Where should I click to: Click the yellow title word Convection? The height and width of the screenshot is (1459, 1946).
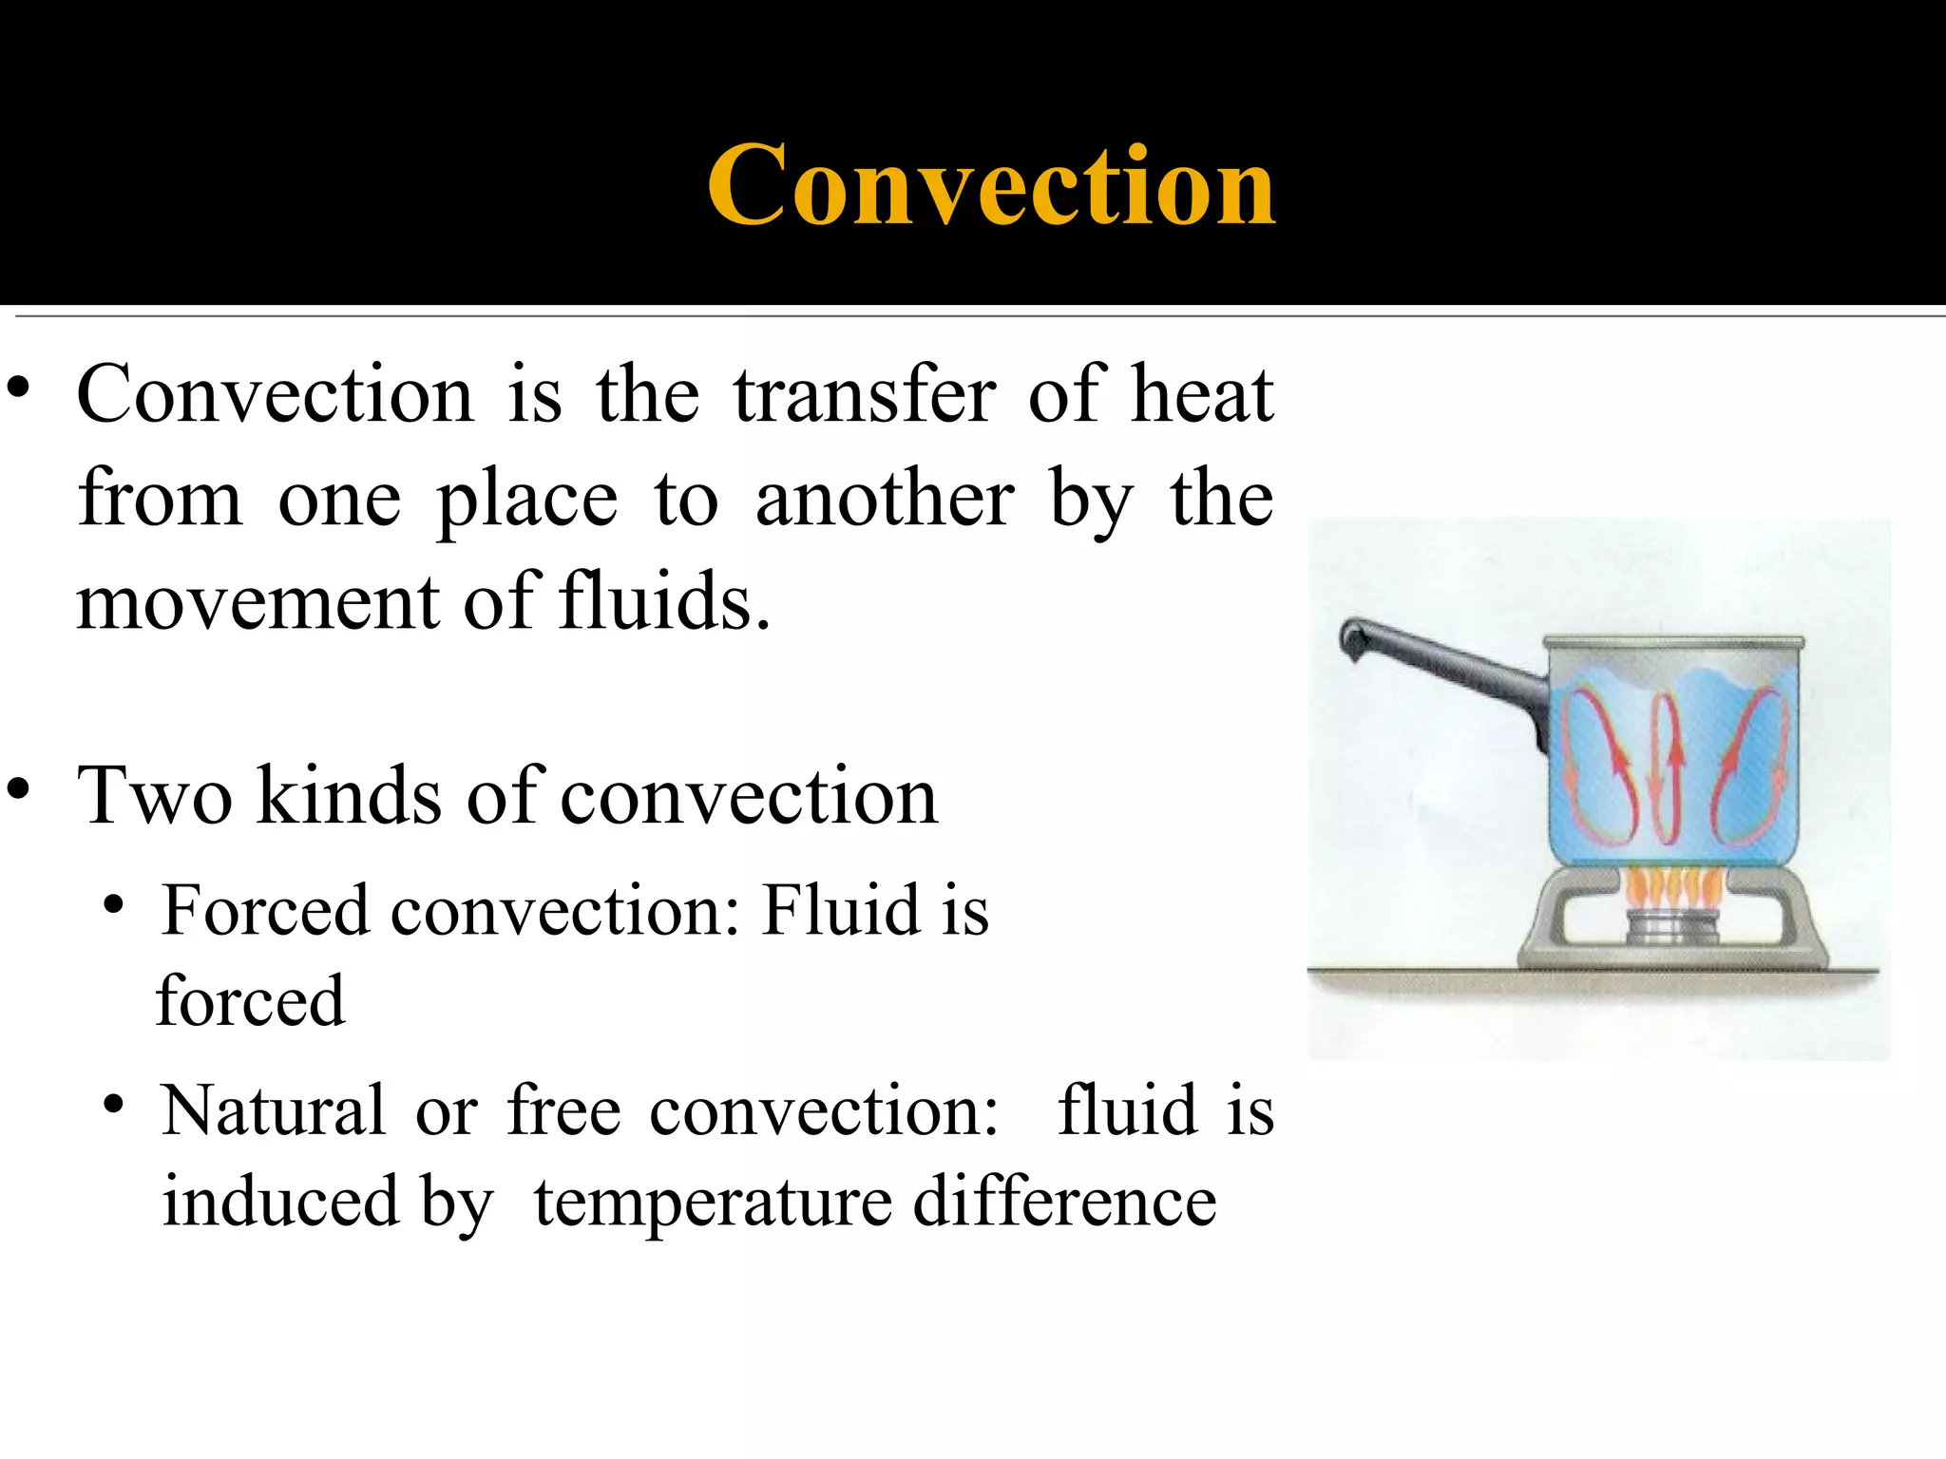tap(991, 185)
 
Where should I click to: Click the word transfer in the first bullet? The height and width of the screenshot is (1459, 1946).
tap(865, 394)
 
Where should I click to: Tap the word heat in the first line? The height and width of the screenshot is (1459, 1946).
tap(1201, 394)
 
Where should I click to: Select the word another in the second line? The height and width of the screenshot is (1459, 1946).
tap(884, 499)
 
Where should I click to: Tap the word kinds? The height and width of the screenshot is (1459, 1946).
tap(349, 795)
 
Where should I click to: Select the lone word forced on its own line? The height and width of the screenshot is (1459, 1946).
tap(250, 1001)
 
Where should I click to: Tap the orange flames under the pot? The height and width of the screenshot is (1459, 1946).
tap(1673, 889)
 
